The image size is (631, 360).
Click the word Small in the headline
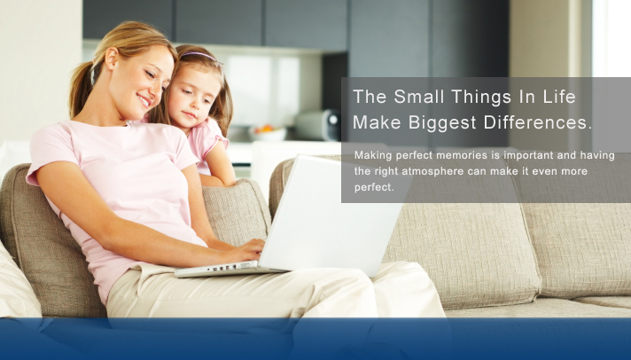tap(418, 97)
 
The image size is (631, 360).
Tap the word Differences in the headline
tap(538, 122)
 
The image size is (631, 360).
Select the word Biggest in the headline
tap(442, 123)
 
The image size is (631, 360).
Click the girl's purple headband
tap(200, 56)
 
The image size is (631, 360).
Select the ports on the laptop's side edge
tap(222, 268)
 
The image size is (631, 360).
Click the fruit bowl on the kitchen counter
tap(268, 133)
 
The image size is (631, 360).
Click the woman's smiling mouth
tap(144, 100)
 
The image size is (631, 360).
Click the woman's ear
tap(112, 58)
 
